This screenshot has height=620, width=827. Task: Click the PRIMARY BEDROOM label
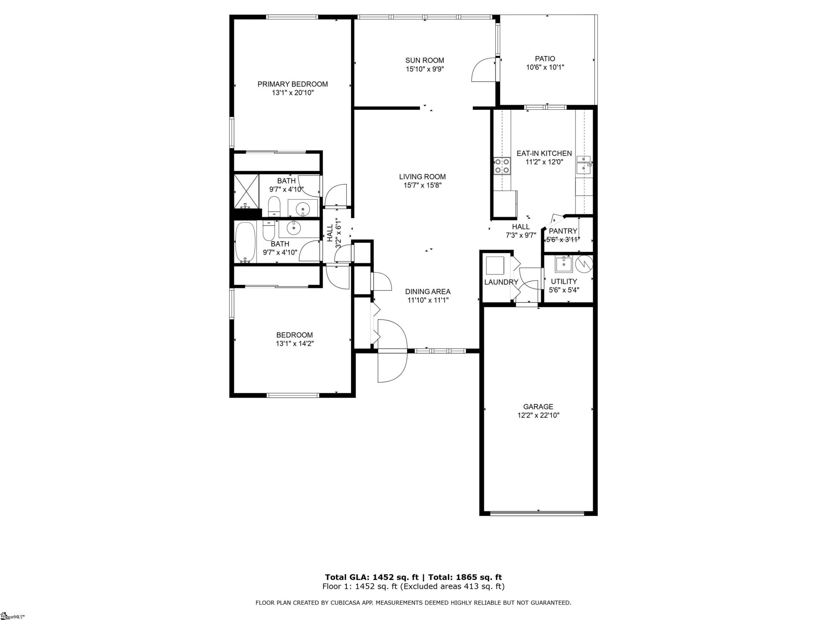pos(292,84)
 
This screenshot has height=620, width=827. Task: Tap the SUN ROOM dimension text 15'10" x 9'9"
pos(425,69)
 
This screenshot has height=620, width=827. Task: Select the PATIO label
pos(545,59)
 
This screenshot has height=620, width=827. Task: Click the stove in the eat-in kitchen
pos(502,166)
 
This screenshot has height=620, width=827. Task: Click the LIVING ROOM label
pos(422,177)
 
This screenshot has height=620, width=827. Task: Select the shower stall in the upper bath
pos(246,190)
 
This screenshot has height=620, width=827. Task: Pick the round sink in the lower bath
pos(294,228)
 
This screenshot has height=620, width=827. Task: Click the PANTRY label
pos(563,231)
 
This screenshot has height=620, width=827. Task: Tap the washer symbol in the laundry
pos(495,265)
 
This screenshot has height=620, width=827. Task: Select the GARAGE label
pos(538,406)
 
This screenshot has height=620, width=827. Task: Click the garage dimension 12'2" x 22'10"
pos(538,415)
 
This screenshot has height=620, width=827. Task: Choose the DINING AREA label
pos(428,291)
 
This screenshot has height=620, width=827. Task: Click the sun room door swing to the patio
pos(483,70)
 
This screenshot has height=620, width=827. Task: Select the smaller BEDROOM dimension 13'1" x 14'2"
pos(295,344)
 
